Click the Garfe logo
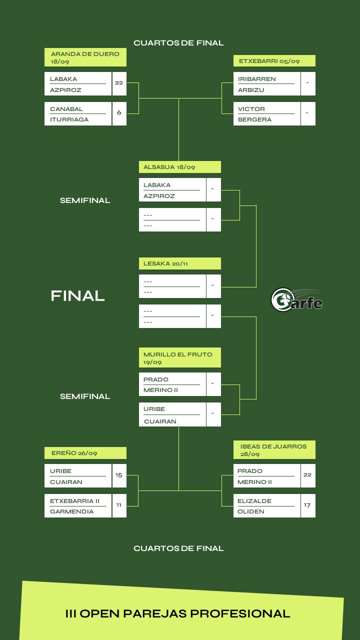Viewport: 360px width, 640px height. [x=296, y=299]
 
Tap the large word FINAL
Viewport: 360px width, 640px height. [x=77, y=296]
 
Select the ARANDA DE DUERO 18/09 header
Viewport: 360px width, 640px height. [x=85, y=57]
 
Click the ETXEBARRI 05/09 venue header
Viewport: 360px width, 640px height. [x=274, y=61]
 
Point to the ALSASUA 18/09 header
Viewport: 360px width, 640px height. [x=179, y=167]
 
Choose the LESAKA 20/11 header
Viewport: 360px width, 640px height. [x=179, y=263]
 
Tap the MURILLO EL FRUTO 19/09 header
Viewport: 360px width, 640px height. [x=179, y=358]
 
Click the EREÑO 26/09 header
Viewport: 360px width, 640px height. [x=85, y=453]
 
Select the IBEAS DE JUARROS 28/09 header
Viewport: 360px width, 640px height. [x=274, y=450]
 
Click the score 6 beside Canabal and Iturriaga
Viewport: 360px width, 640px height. [x=119, y=113]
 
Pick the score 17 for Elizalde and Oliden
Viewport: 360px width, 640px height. [x=307, y=505]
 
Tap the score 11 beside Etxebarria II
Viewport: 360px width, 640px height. [x=119, y=505]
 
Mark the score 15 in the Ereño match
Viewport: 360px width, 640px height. [x=119, y=475]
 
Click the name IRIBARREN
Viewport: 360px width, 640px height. [x=256, y=79]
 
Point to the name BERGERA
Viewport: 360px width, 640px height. [x=254, y=119]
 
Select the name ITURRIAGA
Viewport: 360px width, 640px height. [x=69, y=119]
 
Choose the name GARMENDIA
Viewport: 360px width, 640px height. [x=71, y=511]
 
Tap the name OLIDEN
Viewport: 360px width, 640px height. [x=251, y=511]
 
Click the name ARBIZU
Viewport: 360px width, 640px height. [x=251, y=90]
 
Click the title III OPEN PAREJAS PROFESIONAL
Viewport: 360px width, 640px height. [x=178, y=613]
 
